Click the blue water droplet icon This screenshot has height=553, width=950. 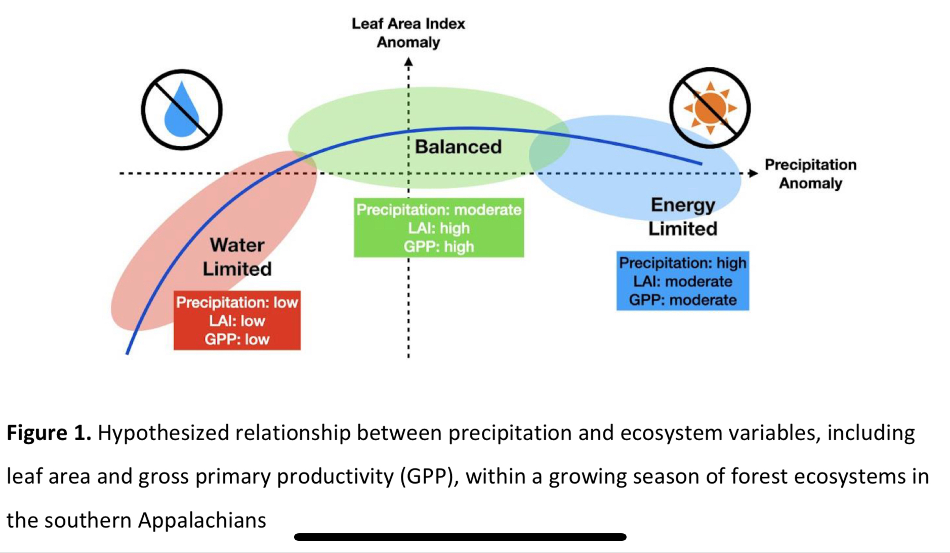[x=181, y=111]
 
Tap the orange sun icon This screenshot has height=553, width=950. [x=710, y=108]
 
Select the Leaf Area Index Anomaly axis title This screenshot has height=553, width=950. [x=408, y=33]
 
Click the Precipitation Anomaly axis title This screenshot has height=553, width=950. [x=810, y=174]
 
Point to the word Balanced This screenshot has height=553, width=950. [x=458, y=147]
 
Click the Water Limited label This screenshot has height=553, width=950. [x=237, y=257]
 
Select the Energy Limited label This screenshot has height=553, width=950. [x=683, y=217]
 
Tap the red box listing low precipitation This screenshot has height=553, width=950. [x=237, y=320]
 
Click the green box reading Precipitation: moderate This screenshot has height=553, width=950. [x=439, y=228]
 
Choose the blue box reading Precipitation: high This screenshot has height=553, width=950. [x=682, y=281]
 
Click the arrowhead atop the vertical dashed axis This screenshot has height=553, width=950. [x=408, y=62]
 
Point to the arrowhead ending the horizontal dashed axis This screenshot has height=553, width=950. [x=753, y=174]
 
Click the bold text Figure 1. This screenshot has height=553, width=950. [x=49, y=433]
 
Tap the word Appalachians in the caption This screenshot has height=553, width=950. [x=202, y=520]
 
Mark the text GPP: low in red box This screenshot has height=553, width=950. [x=237, y=339]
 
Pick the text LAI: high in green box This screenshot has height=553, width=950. [x=439, y=228]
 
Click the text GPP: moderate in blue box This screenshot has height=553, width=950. [x=682, y=300]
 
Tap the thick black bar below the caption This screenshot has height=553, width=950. [x=460, y=537]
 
